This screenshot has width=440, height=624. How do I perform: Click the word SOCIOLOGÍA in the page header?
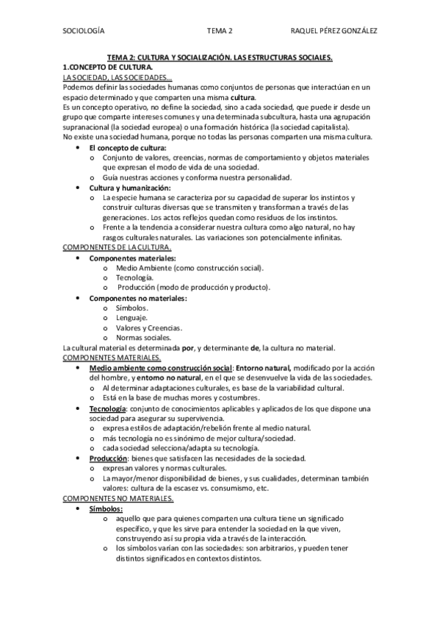pyautogui.click(x=82, y=31)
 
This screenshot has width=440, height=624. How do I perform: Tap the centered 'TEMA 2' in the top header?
pyautogui.click(x=220, y=31)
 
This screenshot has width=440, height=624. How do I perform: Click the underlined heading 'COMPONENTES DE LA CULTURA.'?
pyautogui.click(x=118, y=248)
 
